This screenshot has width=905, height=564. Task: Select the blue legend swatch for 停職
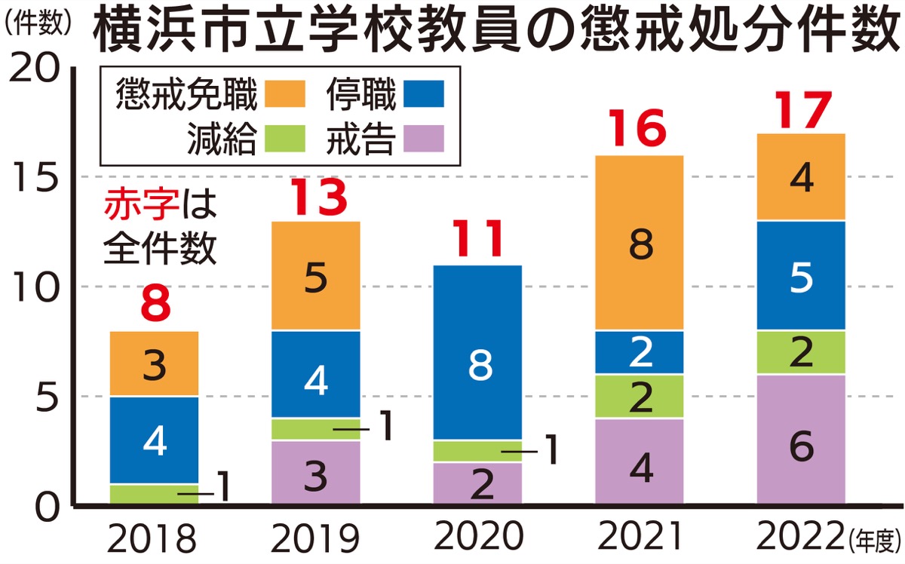(x=424, y=95)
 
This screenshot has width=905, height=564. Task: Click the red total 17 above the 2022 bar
(x=800, y=111)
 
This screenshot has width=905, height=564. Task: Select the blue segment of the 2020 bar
(x=477, y=352)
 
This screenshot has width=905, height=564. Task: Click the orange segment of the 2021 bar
(x=640, y=243)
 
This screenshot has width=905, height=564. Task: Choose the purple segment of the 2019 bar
(x=316, y=472)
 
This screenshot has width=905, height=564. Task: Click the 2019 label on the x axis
(x=316, y=538)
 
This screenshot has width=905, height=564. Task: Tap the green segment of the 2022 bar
(x=800, y=352)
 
